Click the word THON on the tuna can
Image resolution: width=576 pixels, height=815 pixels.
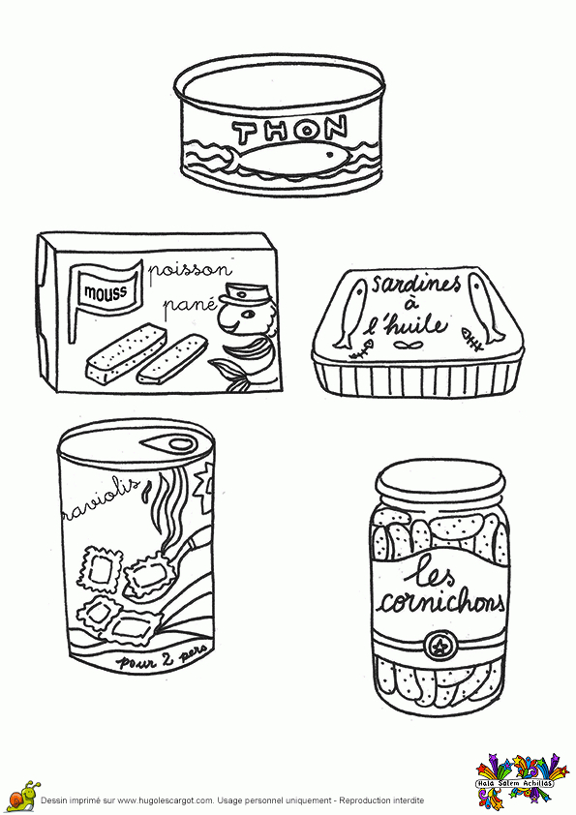click(x=290, y=130)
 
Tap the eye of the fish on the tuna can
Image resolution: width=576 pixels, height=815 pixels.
click(x=328, y=154)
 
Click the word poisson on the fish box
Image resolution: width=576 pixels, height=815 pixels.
click(x=190, y=271)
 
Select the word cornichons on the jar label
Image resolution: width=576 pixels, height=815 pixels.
click(x=440, y=602)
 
